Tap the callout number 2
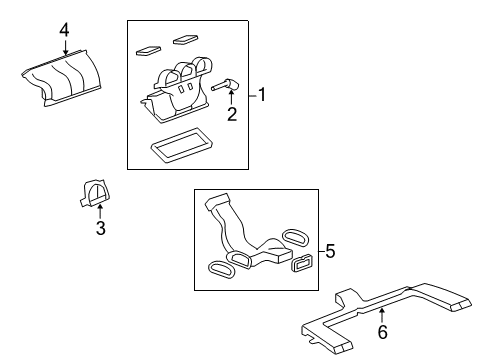click(x=231, y=115)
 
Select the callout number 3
click(x=100, y=229)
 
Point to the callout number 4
click(x=64, y=30)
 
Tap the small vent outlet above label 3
click(x=95, y=192)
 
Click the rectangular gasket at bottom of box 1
click(x=177, y=147)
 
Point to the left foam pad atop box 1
click(x=147, y=46)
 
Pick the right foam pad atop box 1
click(x=185, y=40)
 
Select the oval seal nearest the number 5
click(x=297, y=240)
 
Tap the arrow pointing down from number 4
click(x=64, y=47)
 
